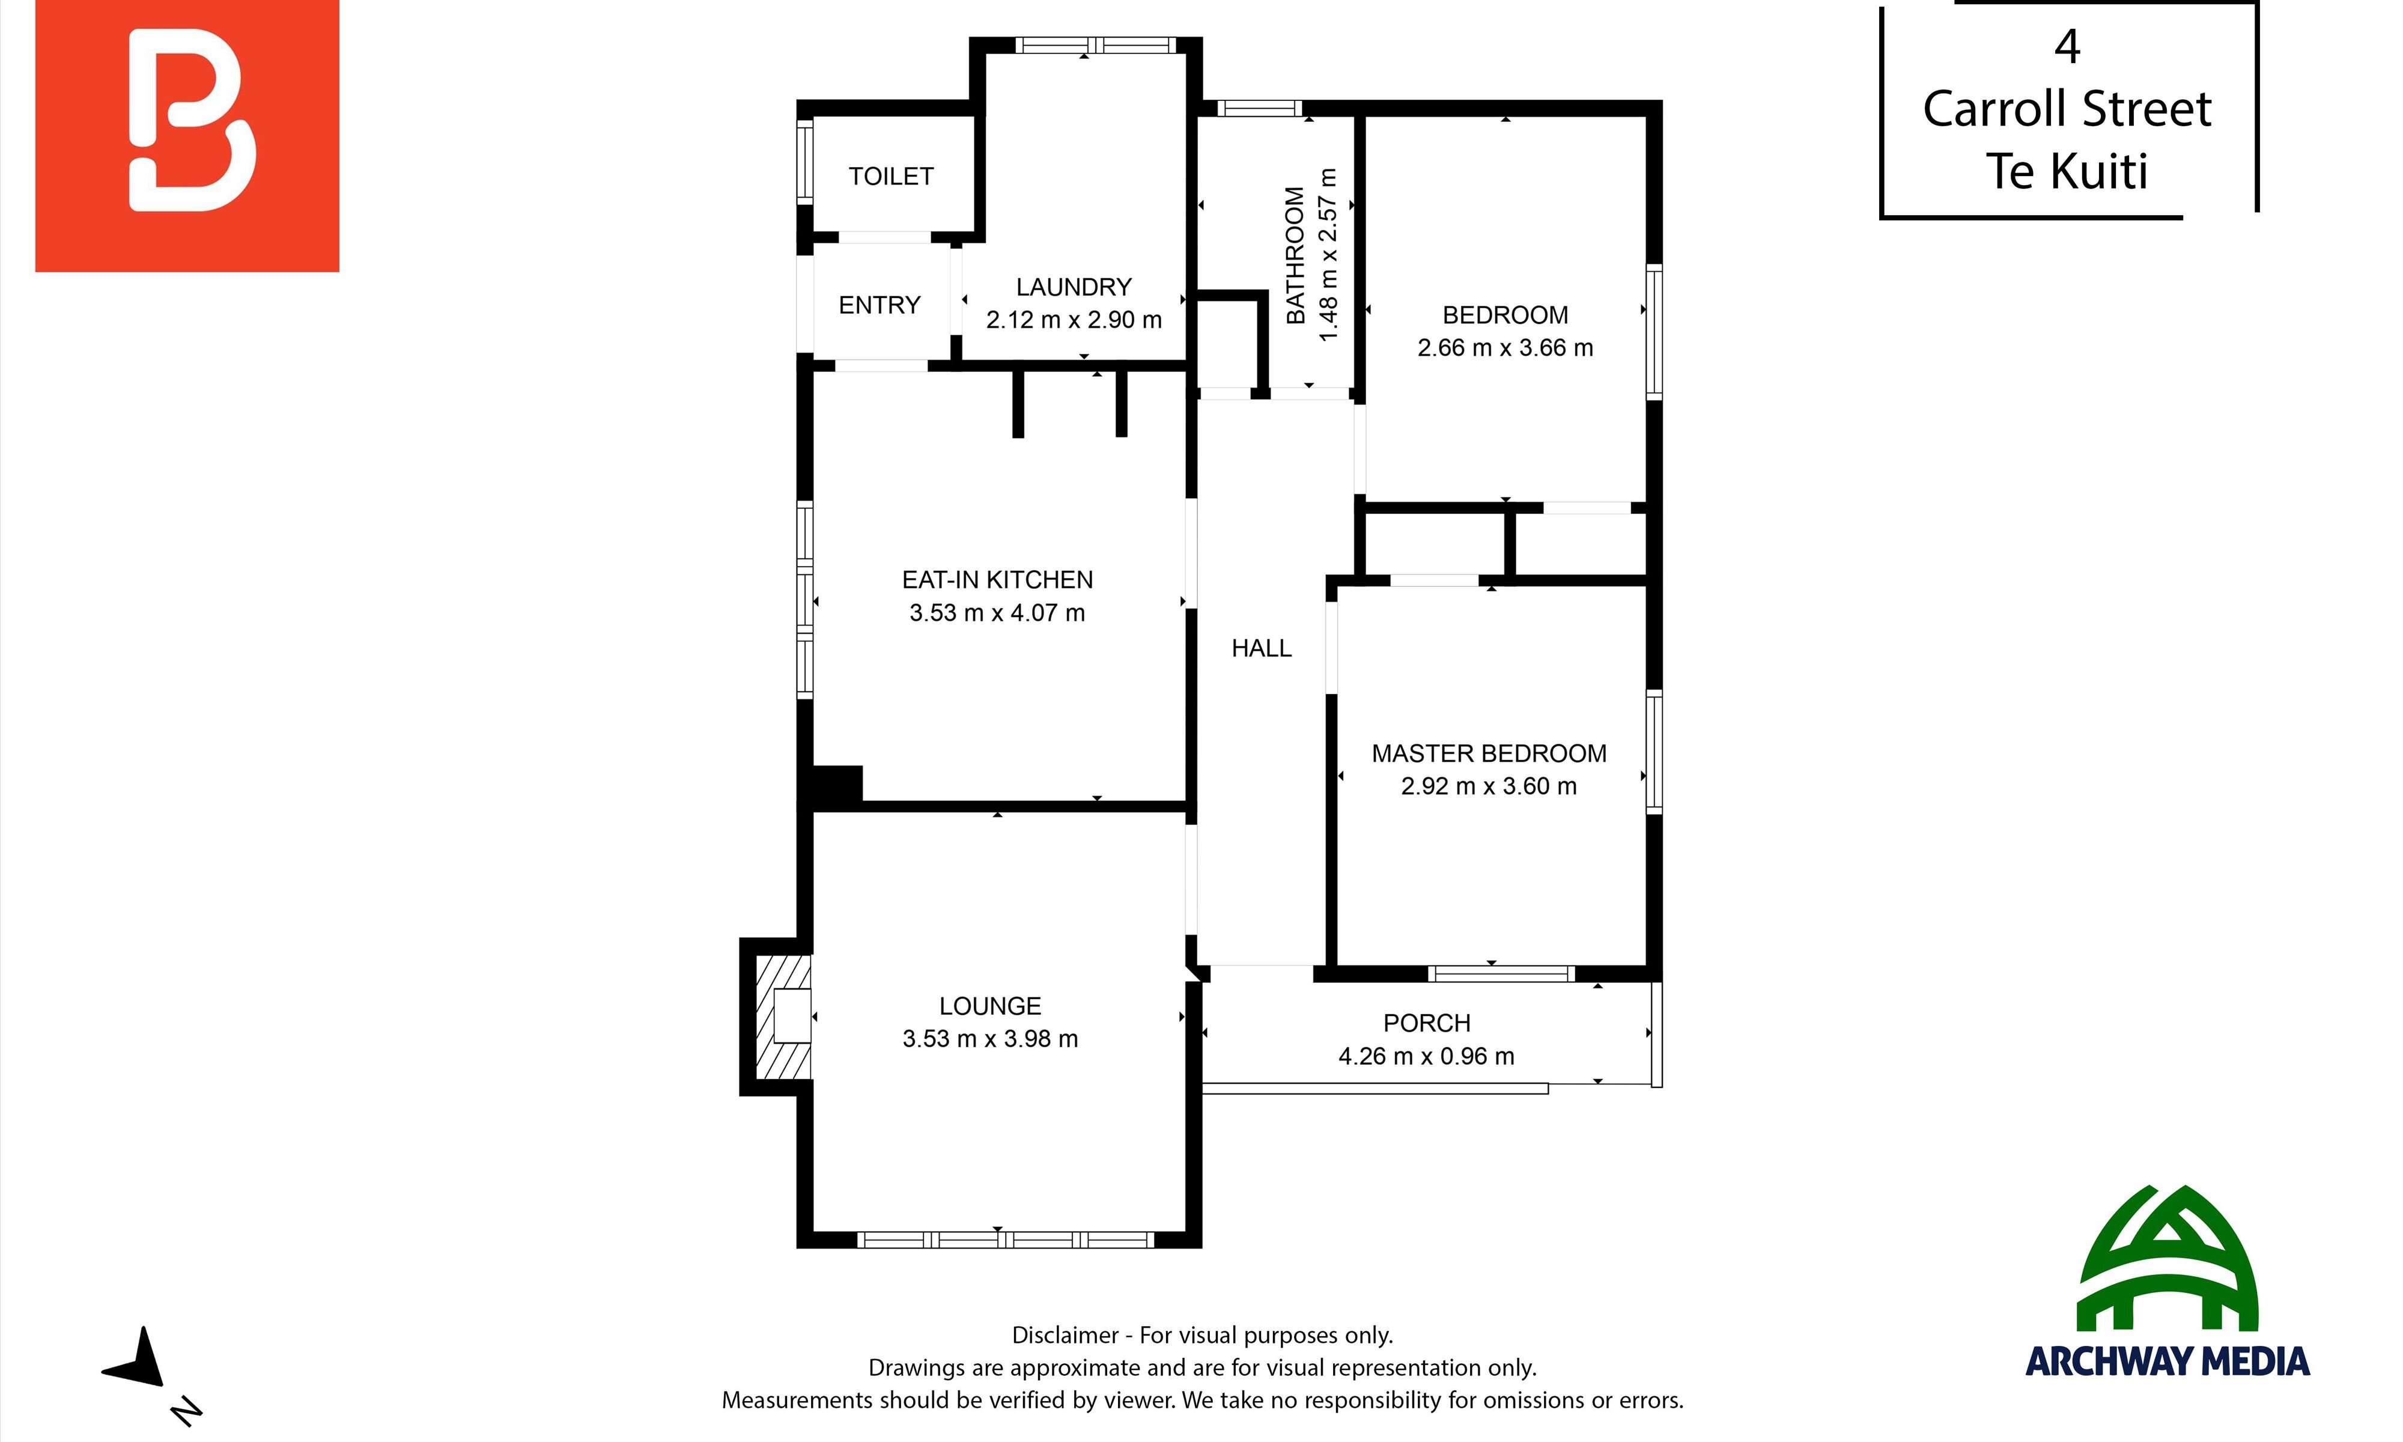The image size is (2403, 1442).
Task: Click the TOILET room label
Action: point(891,176)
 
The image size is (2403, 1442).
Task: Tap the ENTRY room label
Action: point(879,305)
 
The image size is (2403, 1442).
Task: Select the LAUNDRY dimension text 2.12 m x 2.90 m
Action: point(1074,320)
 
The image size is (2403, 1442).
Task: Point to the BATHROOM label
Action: point(1295,255)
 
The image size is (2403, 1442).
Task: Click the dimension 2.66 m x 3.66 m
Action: point(1504,348)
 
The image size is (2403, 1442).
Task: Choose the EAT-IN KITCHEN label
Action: point(997,580)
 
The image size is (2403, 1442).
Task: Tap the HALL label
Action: point(1261,648)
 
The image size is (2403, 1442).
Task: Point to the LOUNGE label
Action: point(990,1006)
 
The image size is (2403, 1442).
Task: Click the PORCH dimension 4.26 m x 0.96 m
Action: point(1426,1056)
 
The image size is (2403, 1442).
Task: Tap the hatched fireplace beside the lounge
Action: point(783,1017)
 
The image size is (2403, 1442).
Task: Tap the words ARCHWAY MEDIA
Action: point(2167,1361)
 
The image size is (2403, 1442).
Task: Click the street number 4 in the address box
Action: point(2067,47)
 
